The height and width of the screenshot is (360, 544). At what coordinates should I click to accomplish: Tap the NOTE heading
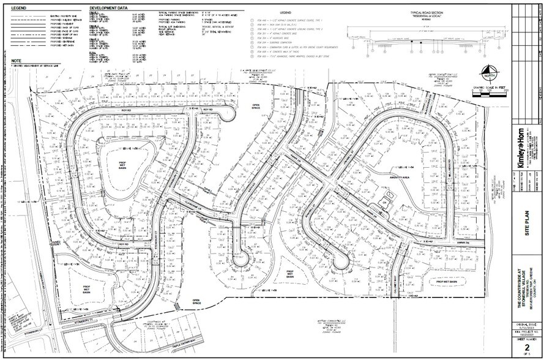point(17,61)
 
